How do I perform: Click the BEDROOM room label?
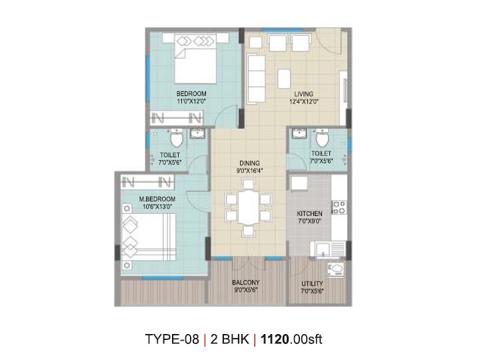click(191, 94)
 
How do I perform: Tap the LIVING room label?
click(304, 94)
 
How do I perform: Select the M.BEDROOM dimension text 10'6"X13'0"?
click(157, 207)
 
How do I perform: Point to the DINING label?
click(249, 163)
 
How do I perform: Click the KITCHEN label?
click(309, 213)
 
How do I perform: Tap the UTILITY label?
click(312, 283)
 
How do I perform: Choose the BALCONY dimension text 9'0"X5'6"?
click(246, 290)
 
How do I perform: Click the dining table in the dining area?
click(249, 208)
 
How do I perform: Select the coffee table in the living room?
click(284, 79)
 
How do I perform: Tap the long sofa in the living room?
click(256, 79)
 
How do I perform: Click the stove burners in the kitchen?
click(339, 207)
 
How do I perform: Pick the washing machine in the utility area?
click(336, 269)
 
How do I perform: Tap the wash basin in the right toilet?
click(299, 134)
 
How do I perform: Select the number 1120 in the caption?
click(275, 339)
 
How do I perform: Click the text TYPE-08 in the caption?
click(172, 339)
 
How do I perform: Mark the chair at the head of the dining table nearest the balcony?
click(248, 232)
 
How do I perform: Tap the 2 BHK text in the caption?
click(229, 339)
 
